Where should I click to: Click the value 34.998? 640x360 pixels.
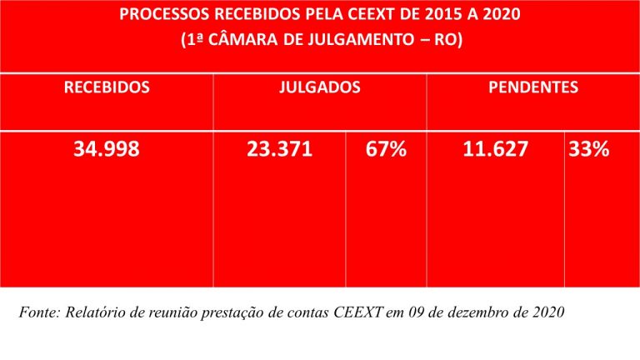point(107,150)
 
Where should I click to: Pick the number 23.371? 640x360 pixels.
point(280,150)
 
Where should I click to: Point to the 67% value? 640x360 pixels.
point(386,150)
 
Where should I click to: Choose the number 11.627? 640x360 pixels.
point(495,150)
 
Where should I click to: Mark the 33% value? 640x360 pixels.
point(589,150)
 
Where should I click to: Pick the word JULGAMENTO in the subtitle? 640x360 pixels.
point(359,39)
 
